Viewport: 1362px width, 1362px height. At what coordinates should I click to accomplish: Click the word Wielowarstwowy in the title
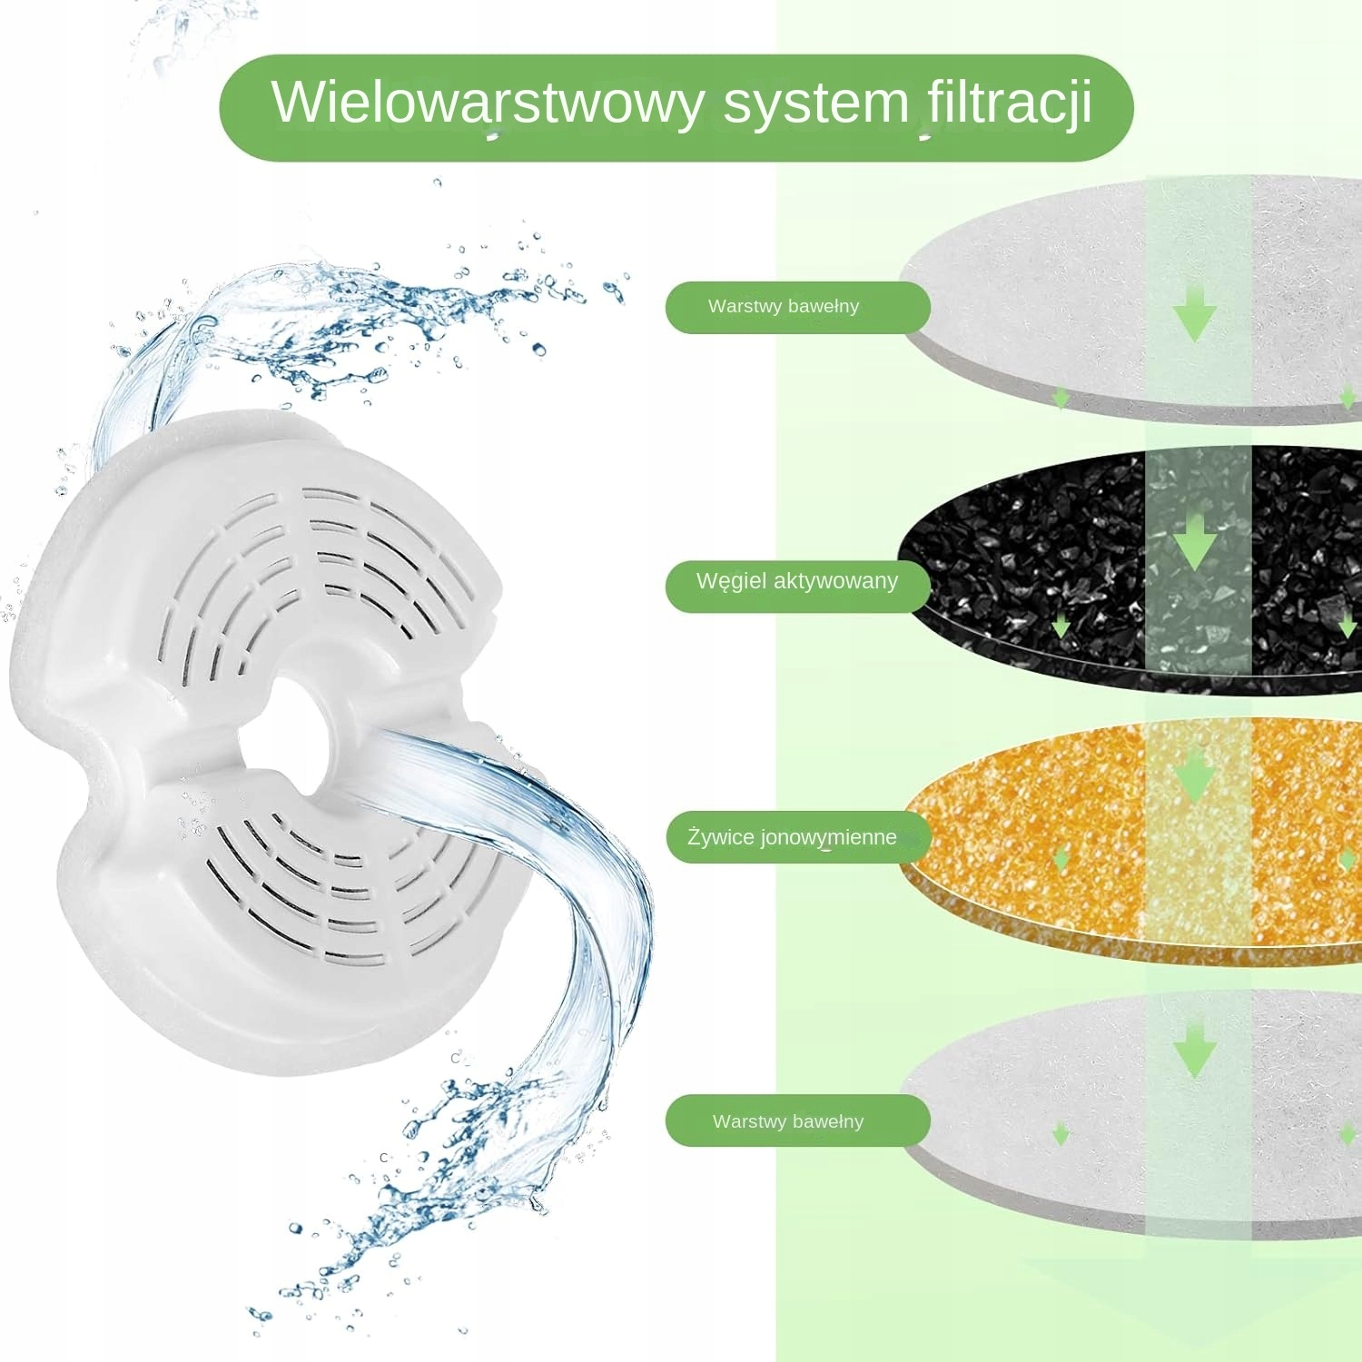487,103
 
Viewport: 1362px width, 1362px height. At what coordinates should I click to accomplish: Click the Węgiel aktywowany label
796,582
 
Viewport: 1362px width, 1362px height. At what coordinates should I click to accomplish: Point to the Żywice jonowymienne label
792,837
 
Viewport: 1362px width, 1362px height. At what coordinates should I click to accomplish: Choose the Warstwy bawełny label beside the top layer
784,307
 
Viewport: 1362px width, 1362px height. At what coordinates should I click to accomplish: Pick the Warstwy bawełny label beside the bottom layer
787,1121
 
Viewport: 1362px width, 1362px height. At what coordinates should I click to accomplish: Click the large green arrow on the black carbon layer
1195,542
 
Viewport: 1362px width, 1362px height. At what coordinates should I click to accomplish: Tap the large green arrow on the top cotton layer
1195,313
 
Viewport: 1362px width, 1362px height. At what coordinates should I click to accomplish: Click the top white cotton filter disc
1026,291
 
